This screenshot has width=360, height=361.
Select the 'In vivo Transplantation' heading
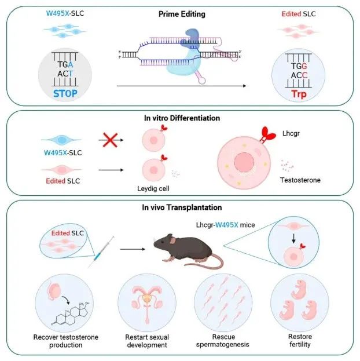pyautogui.click(x=180, y=207)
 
